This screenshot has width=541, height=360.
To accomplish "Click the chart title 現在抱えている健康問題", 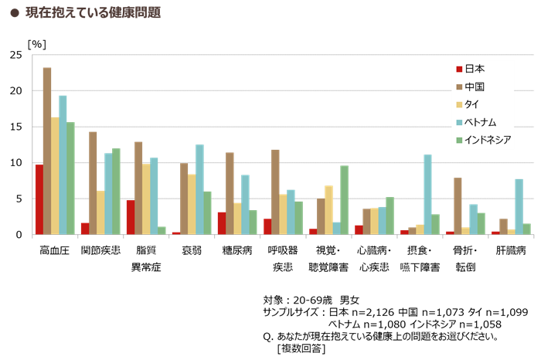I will pos(93,12).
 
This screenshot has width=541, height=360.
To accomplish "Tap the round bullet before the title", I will pos(15,13).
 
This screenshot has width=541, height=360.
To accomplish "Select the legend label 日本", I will pos(475,69).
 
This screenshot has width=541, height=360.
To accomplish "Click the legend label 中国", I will pos(475,87).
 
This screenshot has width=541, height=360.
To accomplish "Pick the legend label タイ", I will pos(471,104).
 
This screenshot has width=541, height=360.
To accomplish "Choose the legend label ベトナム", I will pos(480,122).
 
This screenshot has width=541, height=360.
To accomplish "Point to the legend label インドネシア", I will pos(487,140).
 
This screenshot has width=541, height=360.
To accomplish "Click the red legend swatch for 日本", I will pos(459,69).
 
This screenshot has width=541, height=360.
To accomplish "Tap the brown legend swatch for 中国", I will pos(459,87).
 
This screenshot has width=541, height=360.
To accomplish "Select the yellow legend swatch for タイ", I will pos(459,104).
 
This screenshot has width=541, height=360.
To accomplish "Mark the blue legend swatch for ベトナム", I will pos(459,122).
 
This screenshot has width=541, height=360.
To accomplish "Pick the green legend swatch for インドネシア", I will pos(459,140).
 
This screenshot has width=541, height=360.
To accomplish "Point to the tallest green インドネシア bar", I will pos(70,178).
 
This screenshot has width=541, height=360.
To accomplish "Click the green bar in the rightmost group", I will pos(527,229).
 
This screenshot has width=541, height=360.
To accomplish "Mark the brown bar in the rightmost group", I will pos(503,226).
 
